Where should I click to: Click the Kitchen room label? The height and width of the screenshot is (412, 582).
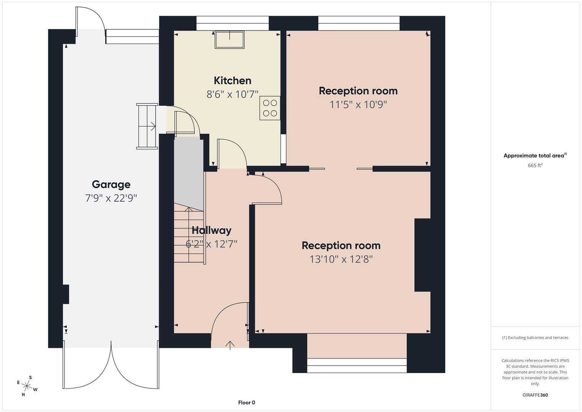tap(232, 80)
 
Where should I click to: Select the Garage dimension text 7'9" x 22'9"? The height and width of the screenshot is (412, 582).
tap(111, 198)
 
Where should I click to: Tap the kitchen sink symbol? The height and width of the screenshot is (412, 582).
tap(229, 40)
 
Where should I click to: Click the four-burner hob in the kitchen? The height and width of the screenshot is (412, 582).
tap(270, 108)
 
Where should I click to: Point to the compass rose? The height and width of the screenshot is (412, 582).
tap(27, 386)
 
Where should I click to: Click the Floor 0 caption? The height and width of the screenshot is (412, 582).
tap(246, 402)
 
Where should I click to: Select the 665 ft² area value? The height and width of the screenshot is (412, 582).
tap(535, 166)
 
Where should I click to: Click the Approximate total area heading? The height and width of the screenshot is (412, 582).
tap(535, 156)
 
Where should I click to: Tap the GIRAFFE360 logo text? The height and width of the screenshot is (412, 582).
tap(535, 395)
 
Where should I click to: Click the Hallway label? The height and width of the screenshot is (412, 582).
tap(211, 230)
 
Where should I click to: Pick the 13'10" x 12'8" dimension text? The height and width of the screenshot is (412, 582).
tap(341, 259)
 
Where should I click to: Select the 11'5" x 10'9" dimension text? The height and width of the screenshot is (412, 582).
tap(358, 105)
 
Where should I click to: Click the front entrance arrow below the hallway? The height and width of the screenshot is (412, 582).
tap(230, 344)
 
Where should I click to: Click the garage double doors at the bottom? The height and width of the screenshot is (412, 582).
tap(111, 366)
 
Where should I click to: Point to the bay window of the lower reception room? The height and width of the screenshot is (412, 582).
tap(357, 365)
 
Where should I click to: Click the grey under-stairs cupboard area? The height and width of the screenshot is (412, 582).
tap(188, 172)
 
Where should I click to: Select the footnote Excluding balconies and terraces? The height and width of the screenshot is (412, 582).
tap(535, 338)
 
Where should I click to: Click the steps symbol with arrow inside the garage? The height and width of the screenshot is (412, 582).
tap(147, 126)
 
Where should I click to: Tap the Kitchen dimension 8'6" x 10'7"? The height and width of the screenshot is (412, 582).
tap(232, 94)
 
